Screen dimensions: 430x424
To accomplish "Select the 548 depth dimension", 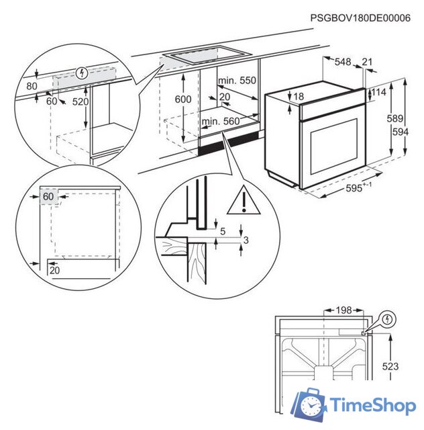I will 343,62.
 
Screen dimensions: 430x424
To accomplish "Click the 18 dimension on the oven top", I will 299,97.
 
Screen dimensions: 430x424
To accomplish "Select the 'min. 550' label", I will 237,81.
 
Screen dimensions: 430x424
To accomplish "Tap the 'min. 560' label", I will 220,121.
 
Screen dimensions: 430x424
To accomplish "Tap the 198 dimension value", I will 343,310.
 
